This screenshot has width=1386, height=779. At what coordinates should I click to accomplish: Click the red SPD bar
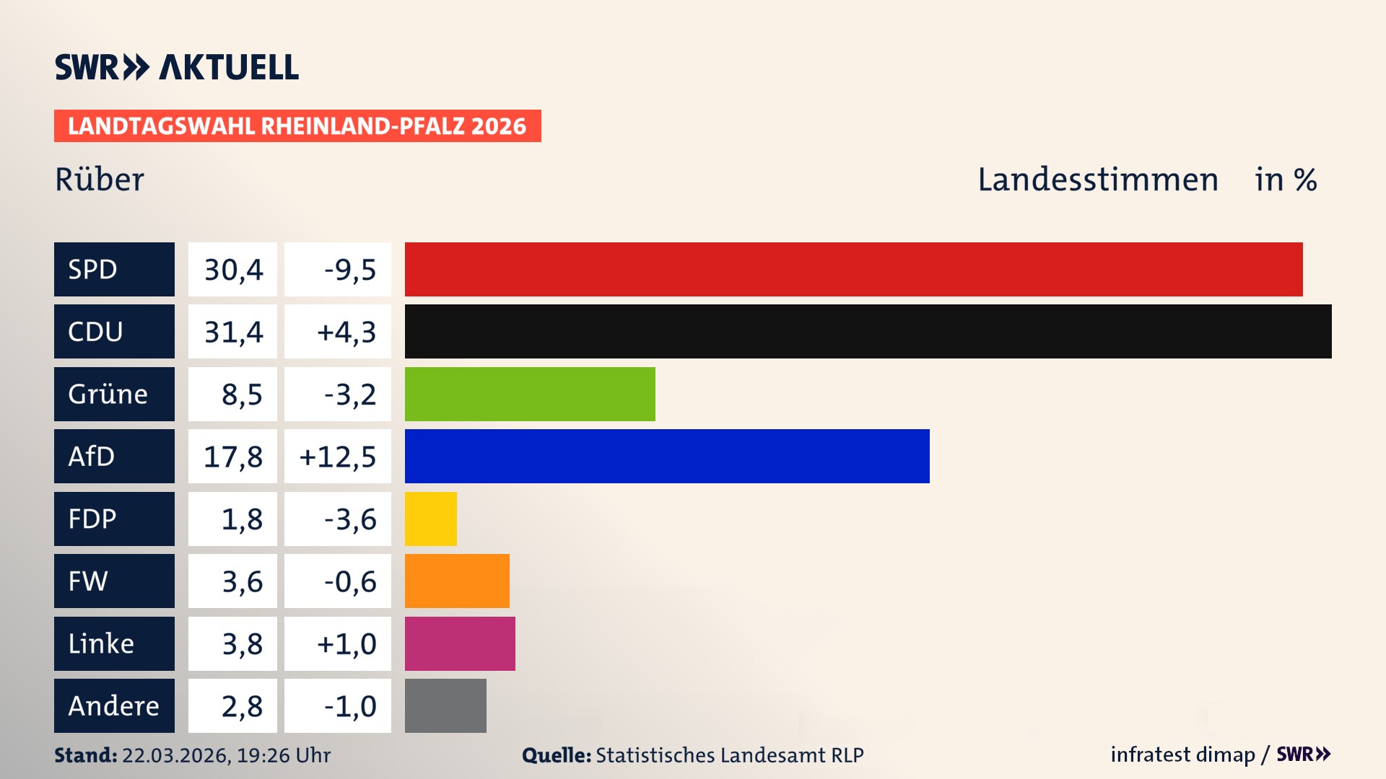(x=853, y=269)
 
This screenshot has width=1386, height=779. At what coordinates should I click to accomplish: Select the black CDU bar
(x=868, y=331)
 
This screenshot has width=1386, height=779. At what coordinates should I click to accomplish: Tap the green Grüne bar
(x=530, y=394)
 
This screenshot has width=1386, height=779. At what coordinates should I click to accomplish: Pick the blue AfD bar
(x=667, y=456)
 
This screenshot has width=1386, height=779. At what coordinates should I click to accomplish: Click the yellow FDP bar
(x=430, y=519)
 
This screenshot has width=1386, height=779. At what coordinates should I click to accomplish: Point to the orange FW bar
(x=457, y=581)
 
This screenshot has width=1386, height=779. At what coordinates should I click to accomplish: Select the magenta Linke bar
(x=460, y=643)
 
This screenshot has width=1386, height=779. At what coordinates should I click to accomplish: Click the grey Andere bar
(x=445, y=705)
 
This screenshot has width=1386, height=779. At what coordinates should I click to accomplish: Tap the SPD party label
(x=114, y=269)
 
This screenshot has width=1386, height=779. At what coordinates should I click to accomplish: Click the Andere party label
(x=114, y=705)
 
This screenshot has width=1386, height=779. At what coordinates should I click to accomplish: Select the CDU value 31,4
(x=232, y=332)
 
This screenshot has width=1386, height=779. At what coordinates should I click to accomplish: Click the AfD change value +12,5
(x=337, y=457)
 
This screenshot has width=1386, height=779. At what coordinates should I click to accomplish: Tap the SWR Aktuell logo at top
(x=176, y=67)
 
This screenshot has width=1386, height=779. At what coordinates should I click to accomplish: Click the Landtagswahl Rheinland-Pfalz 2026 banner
(x=297, y=126)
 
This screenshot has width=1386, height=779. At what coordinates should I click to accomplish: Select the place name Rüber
(x=100, y=180)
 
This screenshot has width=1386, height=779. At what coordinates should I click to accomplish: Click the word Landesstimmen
(x=1097, y=180)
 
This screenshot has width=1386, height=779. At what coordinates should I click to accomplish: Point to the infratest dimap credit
(x=1182, y=754)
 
